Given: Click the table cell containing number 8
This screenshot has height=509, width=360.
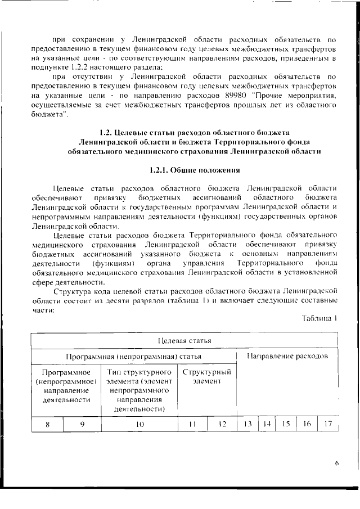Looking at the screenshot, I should coord(47,425).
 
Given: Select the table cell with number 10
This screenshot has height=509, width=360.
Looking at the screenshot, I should coord(140,425).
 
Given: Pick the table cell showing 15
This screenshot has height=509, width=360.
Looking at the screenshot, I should coord(285,425).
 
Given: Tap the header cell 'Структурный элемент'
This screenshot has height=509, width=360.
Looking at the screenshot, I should coord(207,377).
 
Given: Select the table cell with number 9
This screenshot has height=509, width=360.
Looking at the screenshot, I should coord(82,425).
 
